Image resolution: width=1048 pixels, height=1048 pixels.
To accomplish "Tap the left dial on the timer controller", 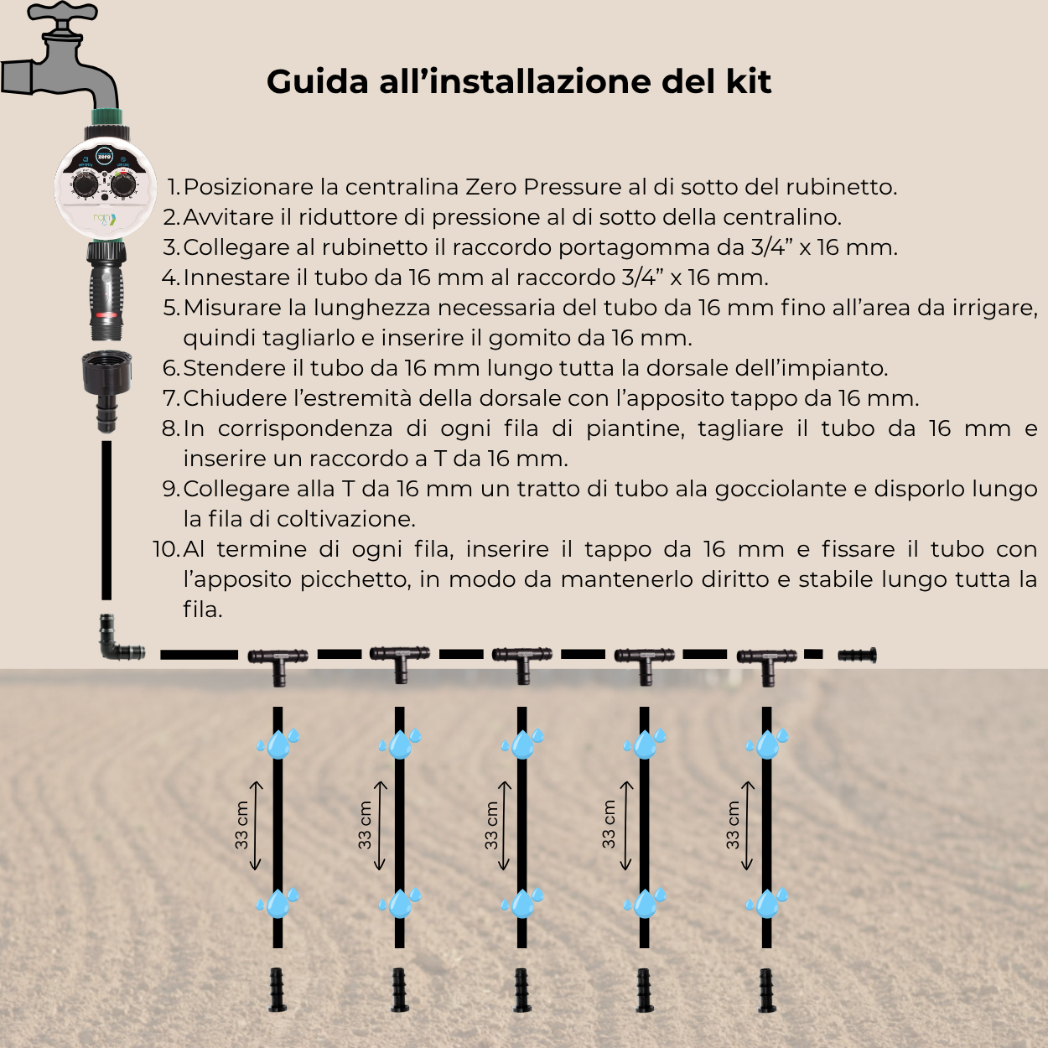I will click(85, 184).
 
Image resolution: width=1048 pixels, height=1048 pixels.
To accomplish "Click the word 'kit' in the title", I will click(749, 81).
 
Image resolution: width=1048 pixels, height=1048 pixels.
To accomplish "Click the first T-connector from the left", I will click(278, 662).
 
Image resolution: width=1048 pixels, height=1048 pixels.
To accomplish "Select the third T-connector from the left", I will click(521, 662).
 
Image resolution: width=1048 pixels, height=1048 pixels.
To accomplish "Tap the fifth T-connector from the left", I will click(766, 662).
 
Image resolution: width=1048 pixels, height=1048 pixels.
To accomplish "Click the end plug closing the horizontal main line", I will click(856, 655).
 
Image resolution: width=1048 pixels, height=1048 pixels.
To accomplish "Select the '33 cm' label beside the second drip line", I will click(365, 825).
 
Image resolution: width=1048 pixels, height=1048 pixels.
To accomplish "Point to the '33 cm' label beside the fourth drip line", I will click(609, 825).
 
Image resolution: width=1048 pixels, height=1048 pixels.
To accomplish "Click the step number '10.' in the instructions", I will click(166, 549).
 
